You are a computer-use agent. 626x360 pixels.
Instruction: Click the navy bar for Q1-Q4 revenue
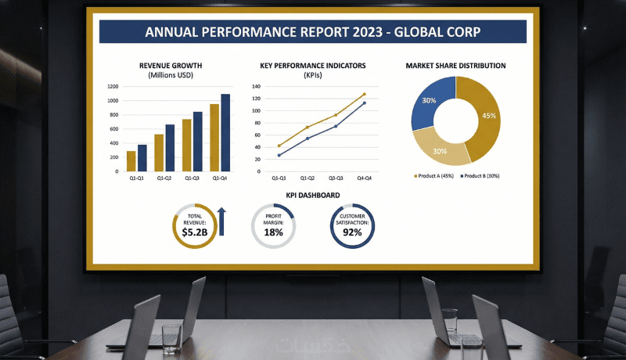[225, 133]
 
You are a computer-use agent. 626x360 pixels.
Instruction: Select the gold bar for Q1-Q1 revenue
[131, 161]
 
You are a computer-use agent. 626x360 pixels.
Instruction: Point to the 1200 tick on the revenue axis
[113, 87]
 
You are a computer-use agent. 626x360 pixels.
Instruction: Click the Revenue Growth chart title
[171, 66]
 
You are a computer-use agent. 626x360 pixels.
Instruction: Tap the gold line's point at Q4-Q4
[364, 94]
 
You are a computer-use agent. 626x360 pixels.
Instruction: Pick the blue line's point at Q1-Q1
[279, 155]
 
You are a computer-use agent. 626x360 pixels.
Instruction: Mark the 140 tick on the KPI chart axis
[256, 87]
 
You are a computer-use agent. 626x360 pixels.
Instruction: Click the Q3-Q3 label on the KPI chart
[336, 179]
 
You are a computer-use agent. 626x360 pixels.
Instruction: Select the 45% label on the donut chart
[489, 116]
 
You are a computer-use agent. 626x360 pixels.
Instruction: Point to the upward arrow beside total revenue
[221, 221]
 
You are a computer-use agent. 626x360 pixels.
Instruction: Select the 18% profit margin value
[273, 232]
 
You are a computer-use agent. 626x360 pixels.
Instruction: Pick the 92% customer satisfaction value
[352, 233]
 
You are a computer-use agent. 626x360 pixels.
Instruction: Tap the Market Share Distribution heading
[455, 66]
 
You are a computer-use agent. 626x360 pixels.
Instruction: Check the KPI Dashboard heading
[312, 195]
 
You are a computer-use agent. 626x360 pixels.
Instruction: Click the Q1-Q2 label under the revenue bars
[164, 179]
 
